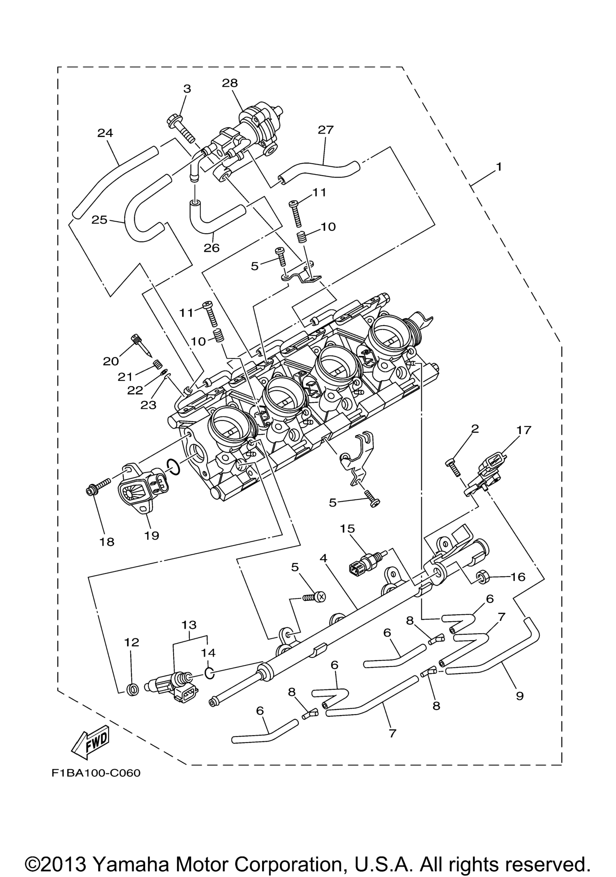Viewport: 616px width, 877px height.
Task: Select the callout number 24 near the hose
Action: [105, 133]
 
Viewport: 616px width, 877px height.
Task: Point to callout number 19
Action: [152, 536]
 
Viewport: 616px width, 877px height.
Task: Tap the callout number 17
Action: [524, 430]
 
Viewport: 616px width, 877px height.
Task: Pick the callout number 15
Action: [347, 529]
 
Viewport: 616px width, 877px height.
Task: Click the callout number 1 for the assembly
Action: [498, 167]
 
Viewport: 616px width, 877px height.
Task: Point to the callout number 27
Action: [326, 130]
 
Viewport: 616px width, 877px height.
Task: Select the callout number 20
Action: [111, 361]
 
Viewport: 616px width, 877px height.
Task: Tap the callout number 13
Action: [189, 625]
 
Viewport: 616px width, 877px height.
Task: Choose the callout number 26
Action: [211, 248]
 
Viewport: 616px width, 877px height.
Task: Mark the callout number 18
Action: [107, 541]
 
